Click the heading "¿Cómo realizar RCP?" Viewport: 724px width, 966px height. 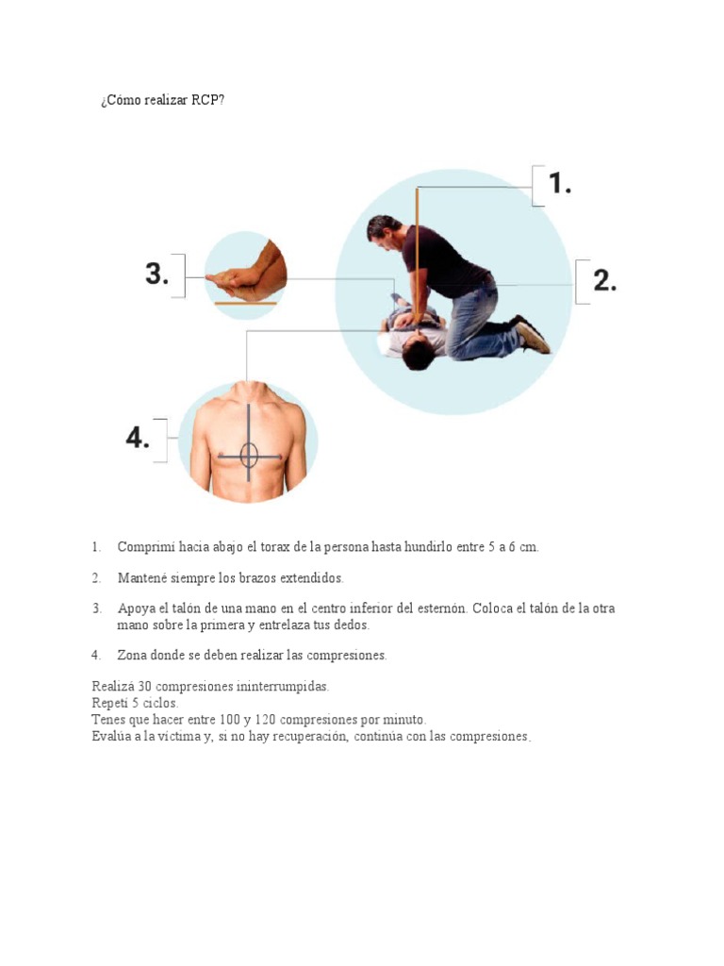pos(162,101)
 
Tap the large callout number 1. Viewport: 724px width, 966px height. pos(560,183)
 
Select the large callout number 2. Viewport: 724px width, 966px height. pos(604,280)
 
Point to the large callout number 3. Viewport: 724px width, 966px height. pos(156,274)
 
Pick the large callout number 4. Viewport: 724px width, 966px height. pos(138,438)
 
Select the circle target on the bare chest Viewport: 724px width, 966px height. pos(249,456)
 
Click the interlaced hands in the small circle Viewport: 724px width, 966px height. pos(243,278)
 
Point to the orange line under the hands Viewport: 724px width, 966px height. pos(245,304)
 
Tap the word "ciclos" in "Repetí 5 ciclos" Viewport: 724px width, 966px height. pos(160,703)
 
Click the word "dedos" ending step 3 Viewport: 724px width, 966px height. pos(352,625)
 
